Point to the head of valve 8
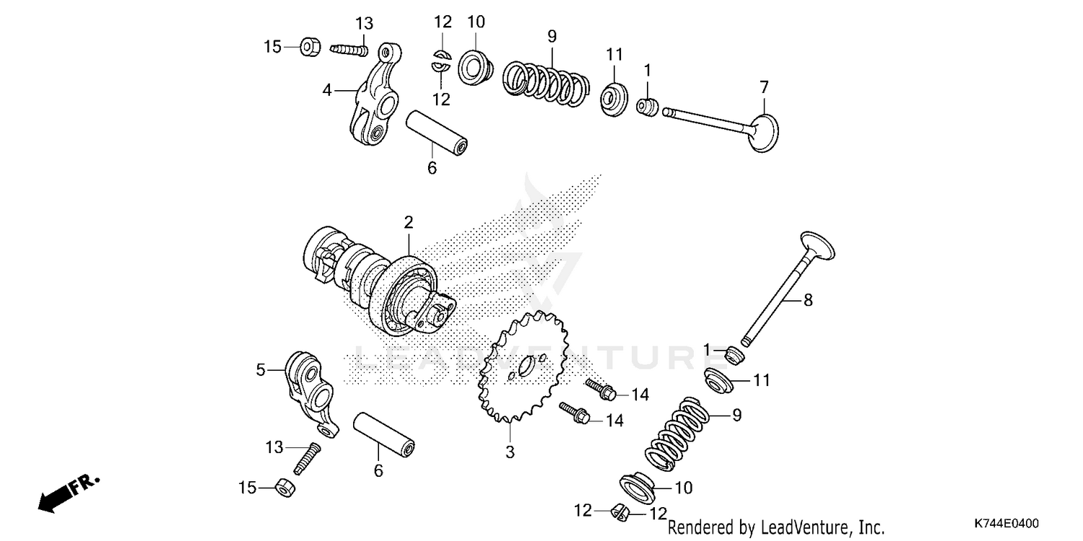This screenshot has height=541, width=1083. tap(816, 245)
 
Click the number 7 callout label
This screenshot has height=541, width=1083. tap(764, 88)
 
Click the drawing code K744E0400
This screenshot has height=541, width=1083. tap(1005, 522)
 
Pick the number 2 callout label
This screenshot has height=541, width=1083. tap(408, 222)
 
